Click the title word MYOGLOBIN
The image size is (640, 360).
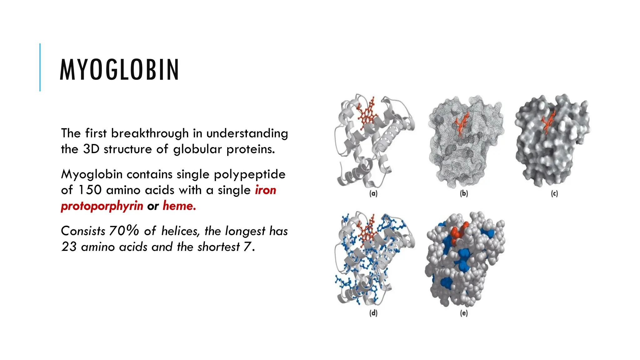coord(119,70)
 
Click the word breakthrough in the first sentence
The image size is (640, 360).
coord(150,133)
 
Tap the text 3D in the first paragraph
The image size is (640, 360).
coord(91,149)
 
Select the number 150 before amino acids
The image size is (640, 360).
coord(90,190)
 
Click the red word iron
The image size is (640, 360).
coord(265,190)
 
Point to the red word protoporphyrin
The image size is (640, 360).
coord(102,206)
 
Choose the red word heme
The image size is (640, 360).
coord(179,206)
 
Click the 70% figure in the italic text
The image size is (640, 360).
coord(124,231)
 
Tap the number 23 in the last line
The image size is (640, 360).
coord(69,247)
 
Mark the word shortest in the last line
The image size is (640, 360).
coord(218,247)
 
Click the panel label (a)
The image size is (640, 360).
coord(373,194)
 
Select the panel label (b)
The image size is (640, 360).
coord(464,194)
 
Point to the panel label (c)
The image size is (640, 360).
coord(554,194)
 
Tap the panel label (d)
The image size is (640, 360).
coord(373,313)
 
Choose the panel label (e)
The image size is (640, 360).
coord(464,313)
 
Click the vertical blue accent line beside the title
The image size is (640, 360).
coord(40,67)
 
